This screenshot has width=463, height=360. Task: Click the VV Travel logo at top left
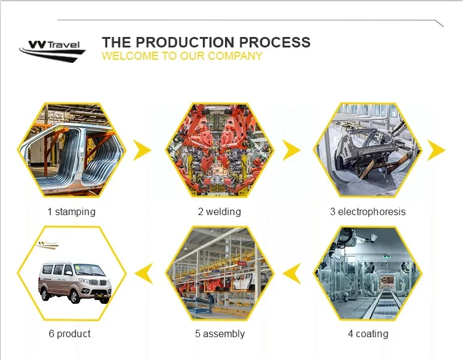[x=52, y=51]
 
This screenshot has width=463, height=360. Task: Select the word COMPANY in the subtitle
[x=235, y=56]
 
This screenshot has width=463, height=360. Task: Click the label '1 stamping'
[x=72, y=212]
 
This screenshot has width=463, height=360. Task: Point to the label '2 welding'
[x=219, y=212]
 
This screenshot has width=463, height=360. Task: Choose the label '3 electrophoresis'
[x=368, y=212]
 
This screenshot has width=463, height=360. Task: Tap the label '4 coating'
[x=368, y=333]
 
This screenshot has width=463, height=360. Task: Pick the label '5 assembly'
[x=220, y=333]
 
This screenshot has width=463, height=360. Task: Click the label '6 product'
[x=70, y=333]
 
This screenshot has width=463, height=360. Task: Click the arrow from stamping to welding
[x=142, y=150]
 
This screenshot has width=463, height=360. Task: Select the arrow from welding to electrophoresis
[x=291, y=150]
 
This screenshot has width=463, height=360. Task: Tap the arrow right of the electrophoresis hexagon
[x=436, y=150]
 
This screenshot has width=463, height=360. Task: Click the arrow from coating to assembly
[x=292, y=273]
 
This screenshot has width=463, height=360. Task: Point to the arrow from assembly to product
[x=144, y=273]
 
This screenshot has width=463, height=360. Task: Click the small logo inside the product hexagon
[x=47, y=245]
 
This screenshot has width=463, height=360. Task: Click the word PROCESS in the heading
[x=274, y=43]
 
